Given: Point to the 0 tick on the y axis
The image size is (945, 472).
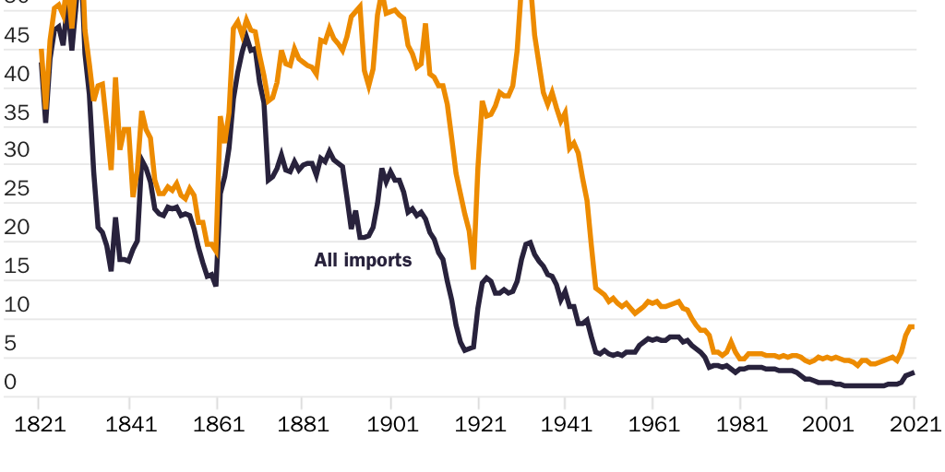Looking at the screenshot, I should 11,382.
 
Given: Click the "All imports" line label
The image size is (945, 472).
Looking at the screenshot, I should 363,261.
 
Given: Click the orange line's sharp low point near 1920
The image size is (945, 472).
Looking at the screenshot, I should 473,267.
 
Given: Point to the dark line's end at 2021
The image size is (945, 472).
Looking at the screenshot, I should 914,372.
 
